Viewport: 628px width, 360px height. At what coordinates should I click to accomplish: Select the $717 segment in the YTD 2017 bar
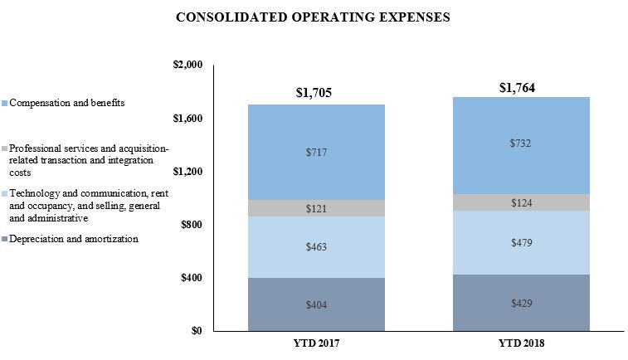coord(317,152)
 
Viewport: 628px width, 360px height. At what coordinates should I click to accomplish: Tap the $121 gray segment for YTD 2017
coord(317,208)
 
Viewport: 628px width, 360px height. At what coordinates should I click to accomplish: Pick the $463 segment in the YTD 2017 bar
coord(317,247)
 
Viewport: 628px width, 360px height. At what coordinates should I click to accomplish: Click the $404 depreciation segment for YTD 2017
coord(317,304)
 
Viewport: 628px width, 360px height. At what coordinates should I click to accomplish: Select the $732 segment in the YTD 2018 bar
coord(520,144)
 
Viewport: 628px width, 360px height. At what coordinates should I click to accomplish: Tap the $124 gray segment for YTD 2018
coord(520,202)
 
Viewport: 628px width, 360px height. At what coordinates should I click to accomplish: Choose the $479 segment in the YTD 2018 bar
coord(520,242)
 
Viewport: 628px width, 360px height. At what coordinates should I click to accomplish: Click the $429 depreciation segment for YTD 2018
coord(520,303)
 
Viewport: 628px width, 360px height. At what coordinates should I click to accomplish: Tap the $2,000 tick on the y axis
coord(186,66)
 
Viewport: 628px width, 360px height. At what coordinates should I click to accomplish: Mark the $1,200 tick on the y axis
coord(186,172)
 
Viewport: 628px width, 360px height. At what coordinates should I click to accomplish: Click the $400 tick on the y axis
coord(191,278)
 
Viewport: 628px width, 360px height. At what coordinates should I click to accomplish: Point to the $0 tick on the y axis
coord(197,331)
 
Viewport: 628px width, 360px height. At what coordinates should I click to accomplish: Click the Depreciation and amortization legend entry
coord(75,239)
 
